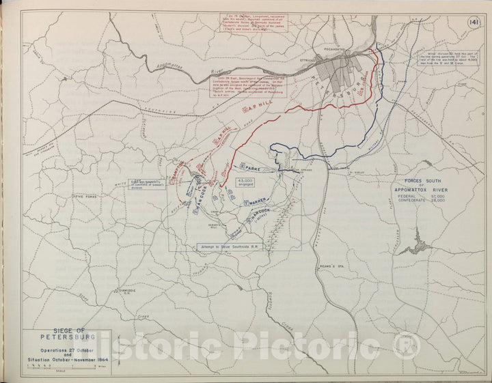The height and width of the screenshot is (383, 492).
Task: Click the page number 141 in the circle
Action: click(473, 23)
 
